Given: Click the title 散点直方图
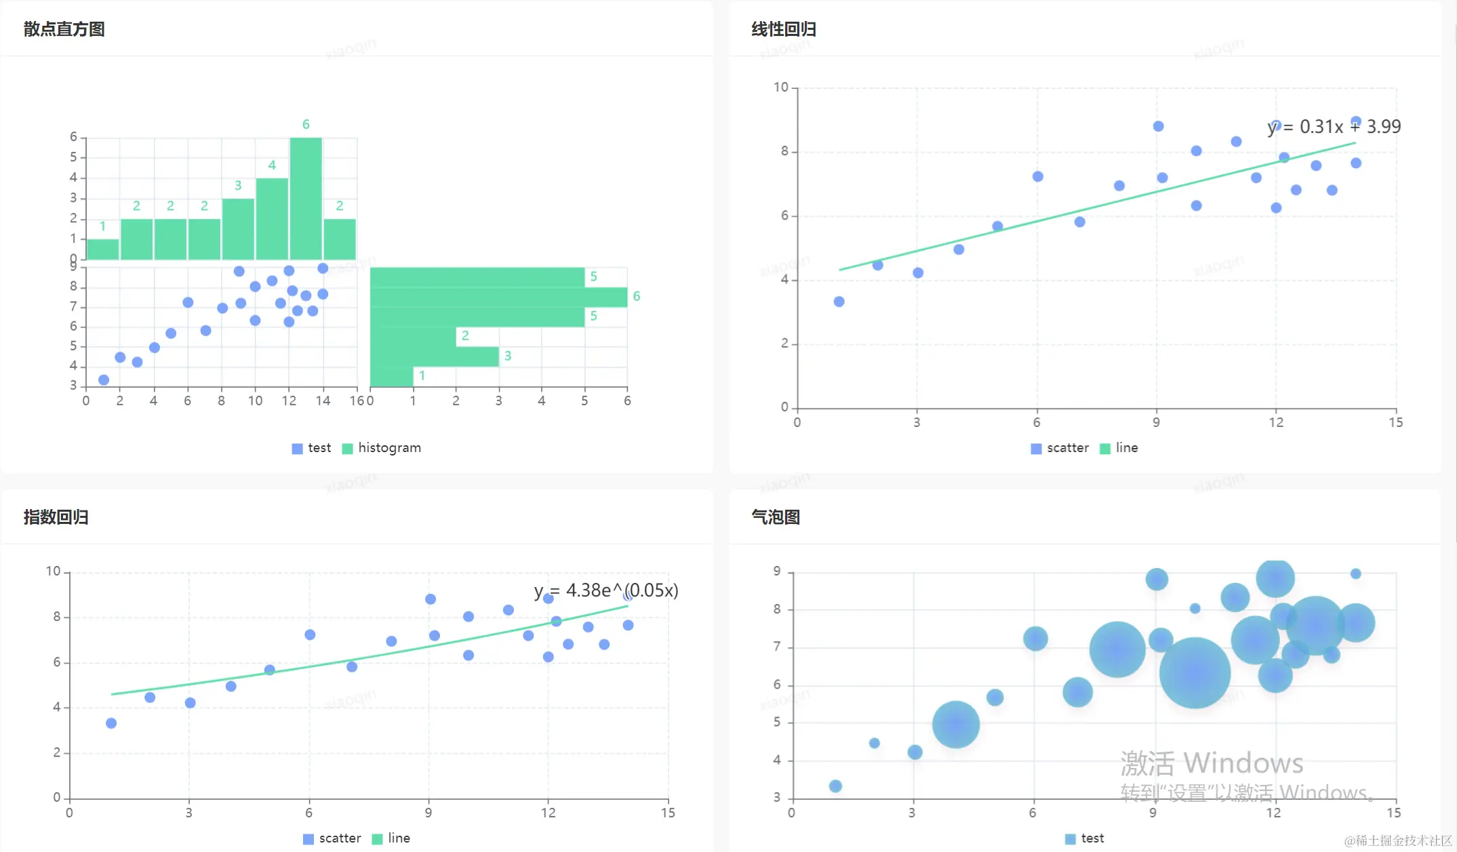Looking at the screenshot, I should pos(64,29).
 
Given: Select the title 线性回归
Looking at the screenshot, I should pos(783,29).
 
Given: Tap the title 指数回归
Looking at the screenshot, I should pos(56,517).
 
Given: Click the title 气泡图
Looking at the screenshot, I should pos(775,517).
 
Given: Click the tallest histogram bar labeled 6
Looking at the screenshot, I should pos(306,198).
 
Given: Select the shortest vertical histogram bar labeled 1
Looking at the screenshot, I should pos(103,249).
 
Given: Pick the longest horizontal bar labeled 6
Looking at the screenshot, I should pos(498,297).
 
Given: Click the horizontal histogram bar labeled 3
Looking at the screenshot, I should pos(435,357).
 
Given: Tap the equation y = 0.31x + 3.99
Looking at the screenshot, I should pos(1334,127).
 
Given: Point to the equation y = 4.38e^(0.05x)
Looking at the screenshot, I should pos(605,590).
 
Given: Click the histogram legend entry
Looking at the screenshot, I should pos(382,448).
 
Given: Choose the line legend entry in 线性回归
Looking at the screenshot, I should pos(1119,448).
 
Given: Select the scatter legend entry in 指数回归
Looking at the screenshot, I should pos(332,838).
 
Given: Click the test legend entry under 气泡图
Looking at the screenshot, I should pos(1085,838).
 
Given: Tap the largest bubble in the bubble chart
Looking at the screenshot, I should pos(1195,672).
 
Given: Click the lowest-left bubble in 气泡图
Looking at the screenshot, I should pos(835,786).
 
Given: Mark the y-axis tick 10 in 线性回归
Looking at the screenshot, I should pos(781,87).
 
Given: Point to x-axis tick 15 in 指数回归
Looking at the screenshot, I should pos(668,813).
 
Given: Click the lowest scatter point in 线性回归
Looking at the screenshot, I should pos(839,302).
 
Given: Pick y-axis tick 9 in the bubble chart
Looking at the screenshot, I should pos(777,571).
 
